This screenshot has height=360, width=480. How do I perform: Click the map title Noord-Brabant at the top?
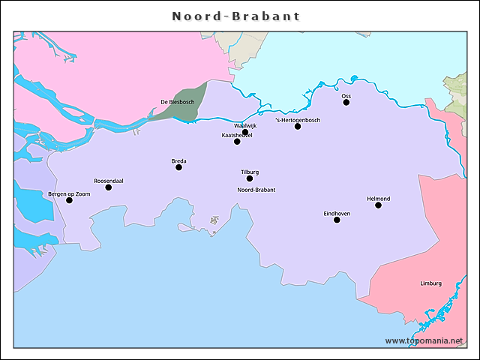pos(235,16)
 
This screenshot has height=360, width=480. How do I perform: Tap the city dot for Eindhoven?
pos(337,220)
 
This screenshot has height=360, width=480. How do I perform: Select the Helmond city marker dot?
pos(378,205)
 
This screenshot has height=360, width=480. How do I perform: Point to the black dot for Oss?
pos(346,102)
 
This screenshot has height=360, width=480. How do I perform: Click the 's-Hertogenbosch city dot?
pos(298,126)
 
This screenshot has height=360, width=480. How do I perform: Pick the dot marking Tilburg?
pos(250,178)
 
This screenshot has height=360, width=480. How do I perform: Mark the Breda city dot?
pos(178,167)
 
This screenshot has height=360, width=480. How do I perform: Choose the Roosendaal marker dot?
pos(109,187)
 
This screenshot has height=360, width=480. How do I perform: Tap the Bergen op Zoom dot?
pos(70,200)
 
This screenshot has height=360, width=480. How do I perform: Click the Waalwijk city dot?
pos(245,132)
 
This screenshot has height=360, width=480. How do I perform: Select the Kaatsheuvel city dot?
pos(237,141)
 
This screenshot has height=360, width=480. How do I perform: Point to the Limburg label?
pos(430,283)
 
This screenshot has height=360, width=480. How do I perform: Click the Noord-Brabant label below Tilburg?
pos(256,190)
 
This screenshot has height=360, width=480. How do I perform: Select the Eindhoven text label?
pos(337,213)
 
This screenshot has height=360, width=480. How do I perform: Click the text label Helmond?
pos(378,199)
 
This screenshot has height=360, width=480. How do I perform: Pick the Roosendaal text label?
pos(109,181)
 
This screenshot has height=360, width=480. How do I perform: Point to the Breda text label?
pos(178,161)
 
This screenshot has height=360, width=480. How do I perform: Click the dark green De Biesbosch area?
pos(180,112)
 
